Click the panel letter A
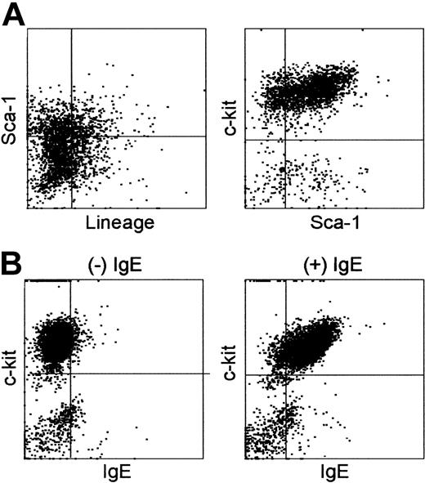pyautogui.click(x=14, y=15)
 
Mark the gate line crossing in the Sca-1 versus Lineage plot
pyautogui.click(x=72, y=136)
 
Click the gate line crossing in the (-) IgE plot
pyautogui.click(x=71, y=373)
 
